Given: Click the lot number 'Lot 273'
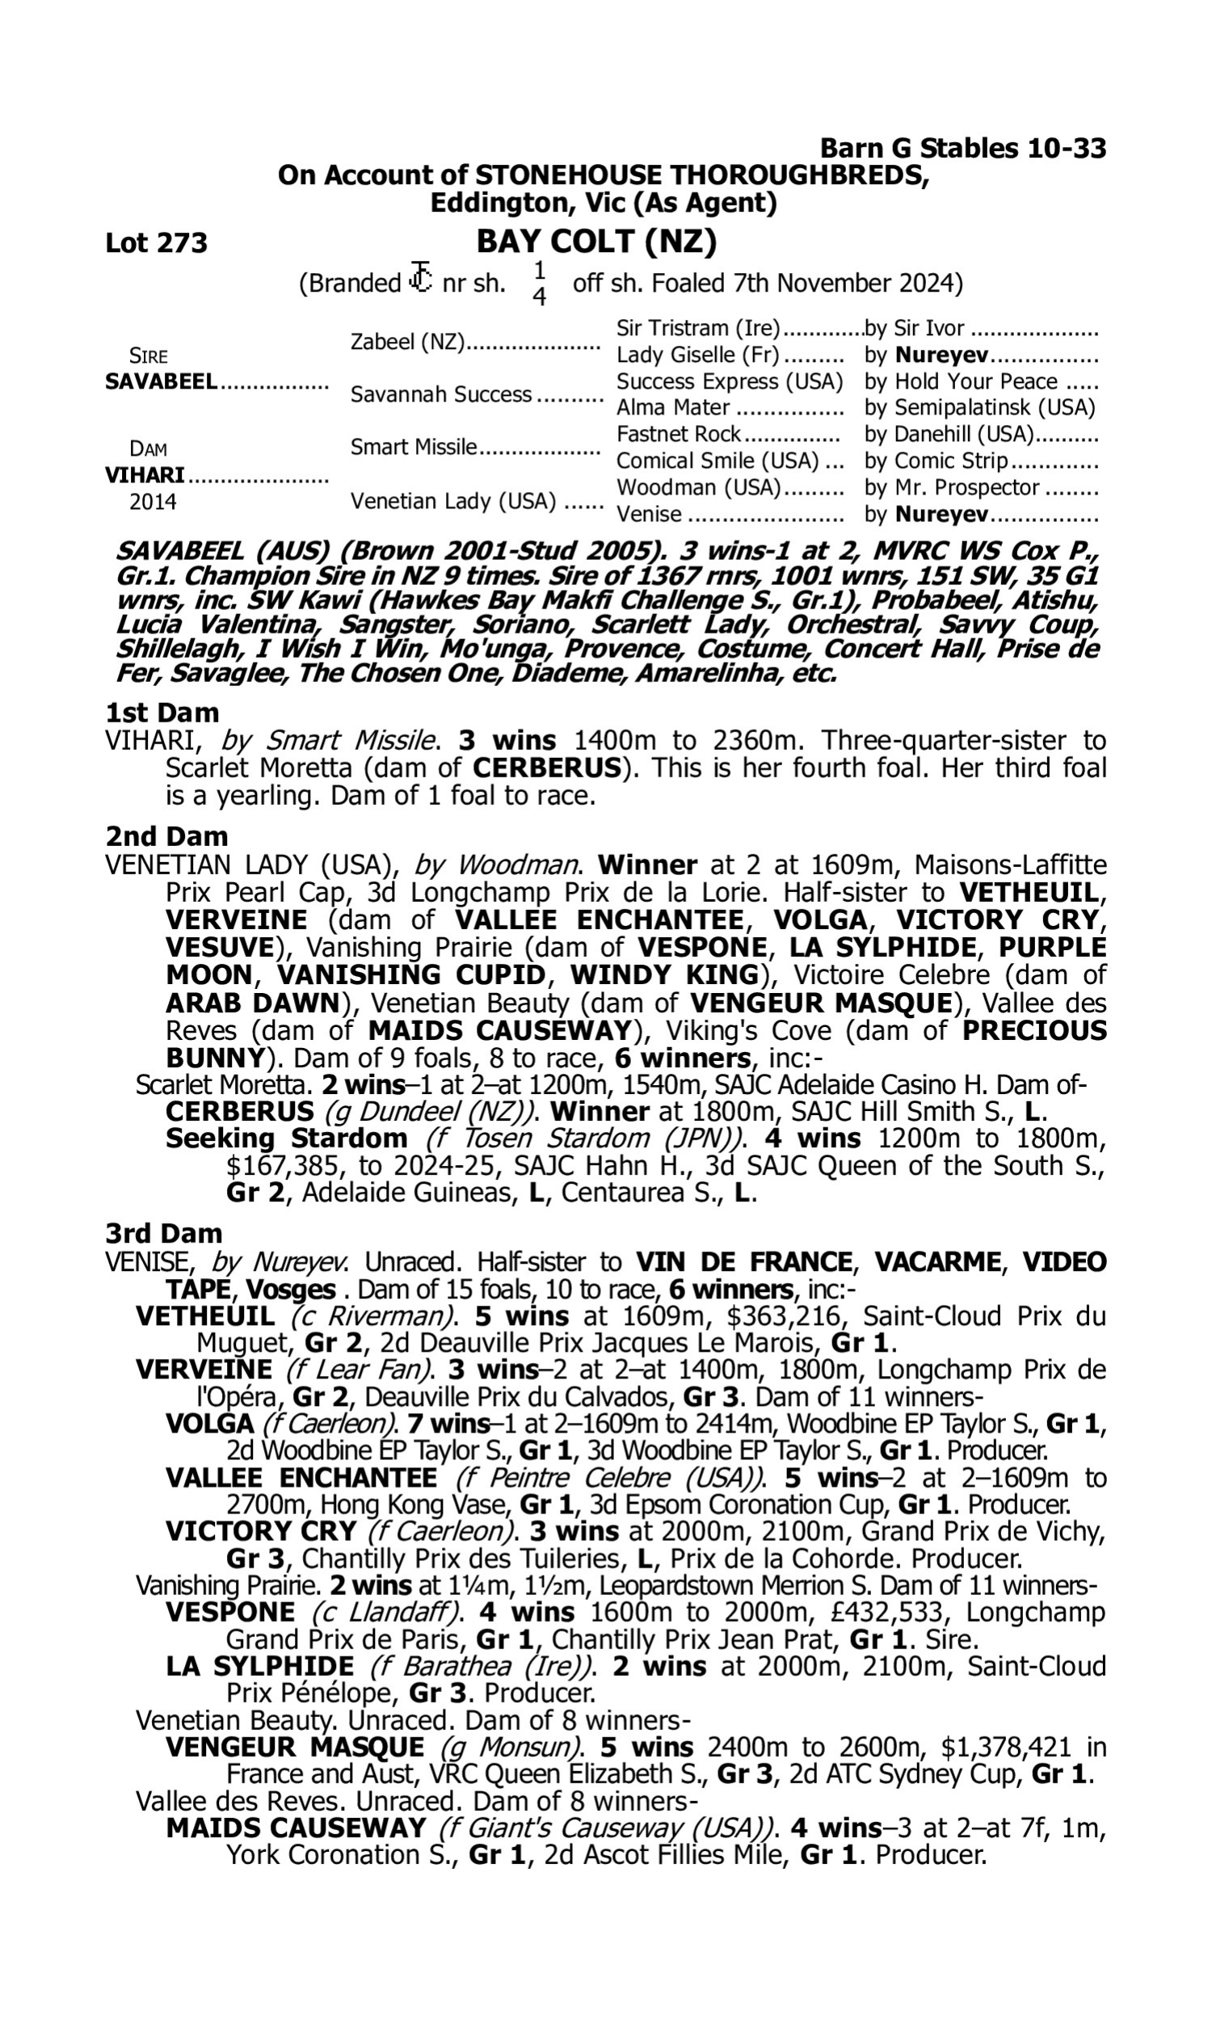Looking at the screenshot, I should click(156, 242).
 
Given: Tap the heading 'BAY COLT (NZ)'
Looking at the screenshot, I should click(596, 241).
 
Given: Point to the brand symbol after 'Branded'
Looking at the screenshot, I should click(421, 278).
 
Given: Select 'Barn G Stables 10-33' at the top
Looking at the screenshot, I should click(963, 149).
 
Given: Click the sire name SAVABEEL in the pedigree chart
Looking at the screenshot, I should click(161, 381).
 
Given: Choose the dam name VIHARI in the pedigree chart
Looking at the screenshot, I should click(145, 475).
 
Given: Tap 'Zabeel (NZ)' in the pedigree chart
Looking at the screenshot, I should click(406, 341).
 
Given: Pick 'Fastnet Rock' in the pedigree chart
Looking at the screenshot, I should click(678, 434).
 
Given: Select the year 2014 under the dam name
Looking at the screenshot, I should click(153, 501).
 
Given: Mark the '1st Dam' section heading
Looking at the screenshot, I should click(162, 713).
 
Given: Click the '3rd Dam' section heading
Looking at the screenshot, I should click(163, 1233).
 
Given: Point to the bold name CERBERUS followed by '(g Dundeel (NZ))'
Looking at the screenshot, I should click(239, 1112).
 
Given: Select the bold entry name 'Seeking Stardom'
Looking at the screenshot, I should click(286, 1139).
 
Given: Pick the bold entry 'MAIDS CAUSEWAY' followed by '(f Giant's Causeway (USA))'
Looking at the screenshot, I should click(296, 1829).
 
